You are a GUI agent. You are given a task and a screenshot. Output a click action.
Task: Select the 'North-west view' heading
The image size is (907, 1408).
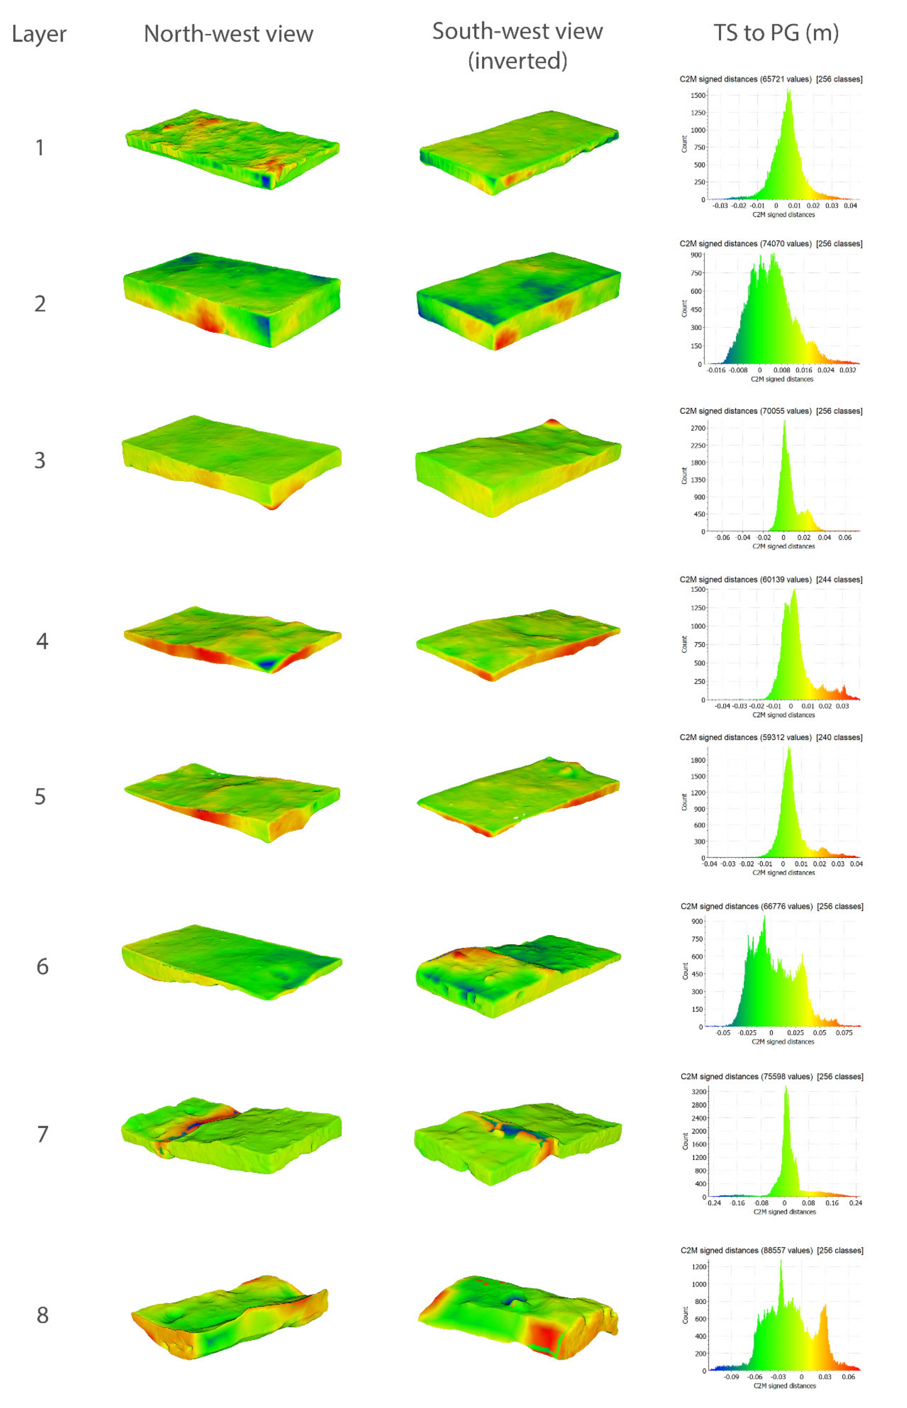(x=229, y=34)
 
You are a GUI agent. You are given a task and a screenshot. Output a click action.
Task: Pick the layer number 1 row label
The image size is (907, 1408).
(x=40, y=147)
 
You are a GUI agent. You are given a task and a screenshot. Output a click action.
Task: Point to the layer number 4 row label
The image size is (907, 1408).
(x=42, y=641)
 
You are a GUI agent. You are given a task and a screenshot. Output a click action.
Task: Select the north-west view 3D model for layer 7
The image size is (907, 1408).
(x=231, y=1134)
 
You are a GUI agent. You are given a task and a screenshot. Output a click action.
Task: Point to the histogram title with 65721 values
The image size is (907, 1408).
(x=770, y=79)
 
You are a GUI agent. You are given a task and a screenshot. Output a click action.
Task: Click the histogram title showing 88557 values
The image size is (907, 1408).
(x=771, y=1250)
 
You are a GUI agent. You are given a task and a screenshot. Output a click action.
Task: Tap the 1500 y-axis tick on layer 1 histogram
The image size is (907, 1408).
(x=698, y=95)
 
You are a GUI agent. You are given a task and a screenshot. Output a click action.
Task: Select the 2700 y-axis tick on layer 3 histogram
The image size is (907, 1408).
(x=698, y=428)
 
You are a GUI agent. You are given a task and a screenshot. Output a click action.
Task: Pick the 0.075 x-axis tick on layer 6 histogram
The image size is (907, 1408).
(x=844, y=1033)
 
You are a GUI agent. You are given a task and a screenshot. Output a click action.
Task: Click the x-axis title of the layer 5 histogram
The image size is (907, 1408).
(x=783, y=873)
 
